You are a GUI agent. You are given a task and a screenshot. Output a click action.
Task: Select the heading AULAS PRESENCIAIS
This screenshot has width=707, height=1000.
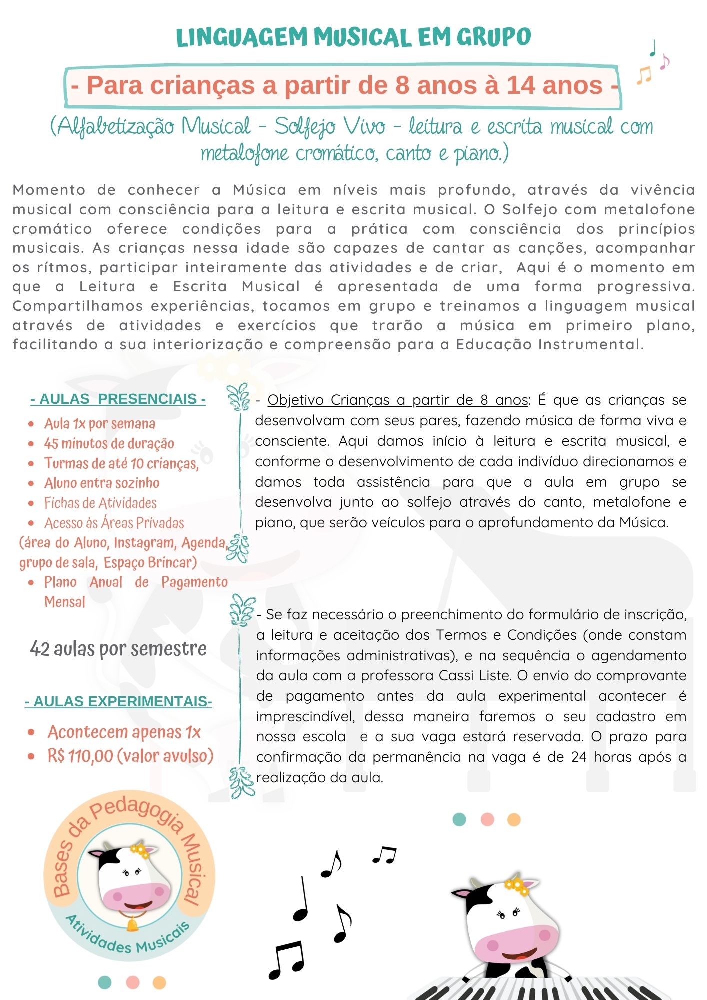118,399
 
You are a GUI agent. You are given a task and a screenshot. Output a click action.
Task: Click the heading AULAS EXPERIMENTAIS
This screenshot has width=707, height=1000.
118,701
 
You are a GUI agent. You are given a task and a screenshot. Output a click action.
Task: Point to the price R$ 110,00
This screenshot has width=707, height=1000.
80,756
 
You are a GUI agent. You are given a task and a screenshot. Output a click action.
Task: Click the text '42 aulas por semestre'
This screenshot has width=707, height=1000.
118,649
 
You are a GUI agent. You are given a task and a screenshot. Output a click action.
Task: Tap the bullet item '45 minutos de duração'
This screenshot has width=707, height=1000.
109,443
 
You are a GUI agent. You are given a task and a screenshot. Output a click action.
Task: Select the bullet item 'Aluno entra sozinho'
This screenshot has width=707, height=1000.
102,483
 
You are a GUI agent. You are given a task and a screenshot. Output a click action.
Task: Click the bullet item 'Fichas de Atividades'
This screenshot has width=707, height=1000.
100,503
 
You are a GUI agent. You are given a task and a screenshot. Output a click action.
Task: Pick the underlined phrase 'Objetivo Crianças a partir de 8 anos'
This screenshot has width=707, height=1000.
398,400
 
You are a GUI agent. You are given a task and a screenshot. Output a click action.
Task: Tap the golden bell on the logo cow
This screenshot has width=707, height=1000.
132,925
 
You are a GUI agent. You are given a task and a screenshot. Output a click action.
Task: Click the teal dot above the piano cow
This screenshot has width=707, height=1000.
459,819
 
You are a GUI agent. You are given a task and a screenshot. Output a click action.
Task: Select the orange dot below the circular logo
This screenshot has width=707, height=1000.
159,982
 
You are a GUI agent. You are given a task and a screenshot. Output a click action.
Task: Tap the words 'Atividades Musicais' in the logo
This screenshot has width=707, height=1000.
128,938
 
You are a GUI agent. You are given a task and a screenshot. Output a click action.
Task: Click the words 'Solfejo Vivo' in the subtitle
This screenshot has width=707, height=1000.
330,127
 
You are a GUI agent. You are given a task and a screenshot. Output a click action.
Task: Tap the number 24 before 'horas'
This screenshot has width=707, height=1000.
579,757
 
